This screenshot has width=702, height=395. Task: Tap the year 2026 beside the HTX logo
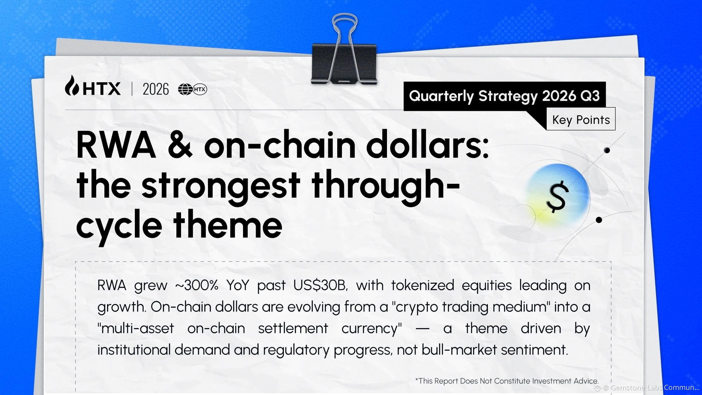click(156, 89)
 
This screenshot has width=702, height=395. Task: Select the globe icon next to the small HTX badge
click(185, 89)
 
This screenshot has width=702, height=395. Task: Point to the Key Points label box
click(581, 119)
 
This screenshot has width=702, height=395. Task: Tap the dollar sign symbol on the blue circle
click(558, 197)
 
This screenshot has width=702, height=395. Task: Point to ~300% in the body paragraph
click(197, 285)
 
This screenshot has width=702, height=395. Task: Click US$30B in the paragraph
click(321, 285)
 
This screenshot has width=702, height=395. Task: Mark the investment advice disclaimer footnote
click(507, 381)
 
